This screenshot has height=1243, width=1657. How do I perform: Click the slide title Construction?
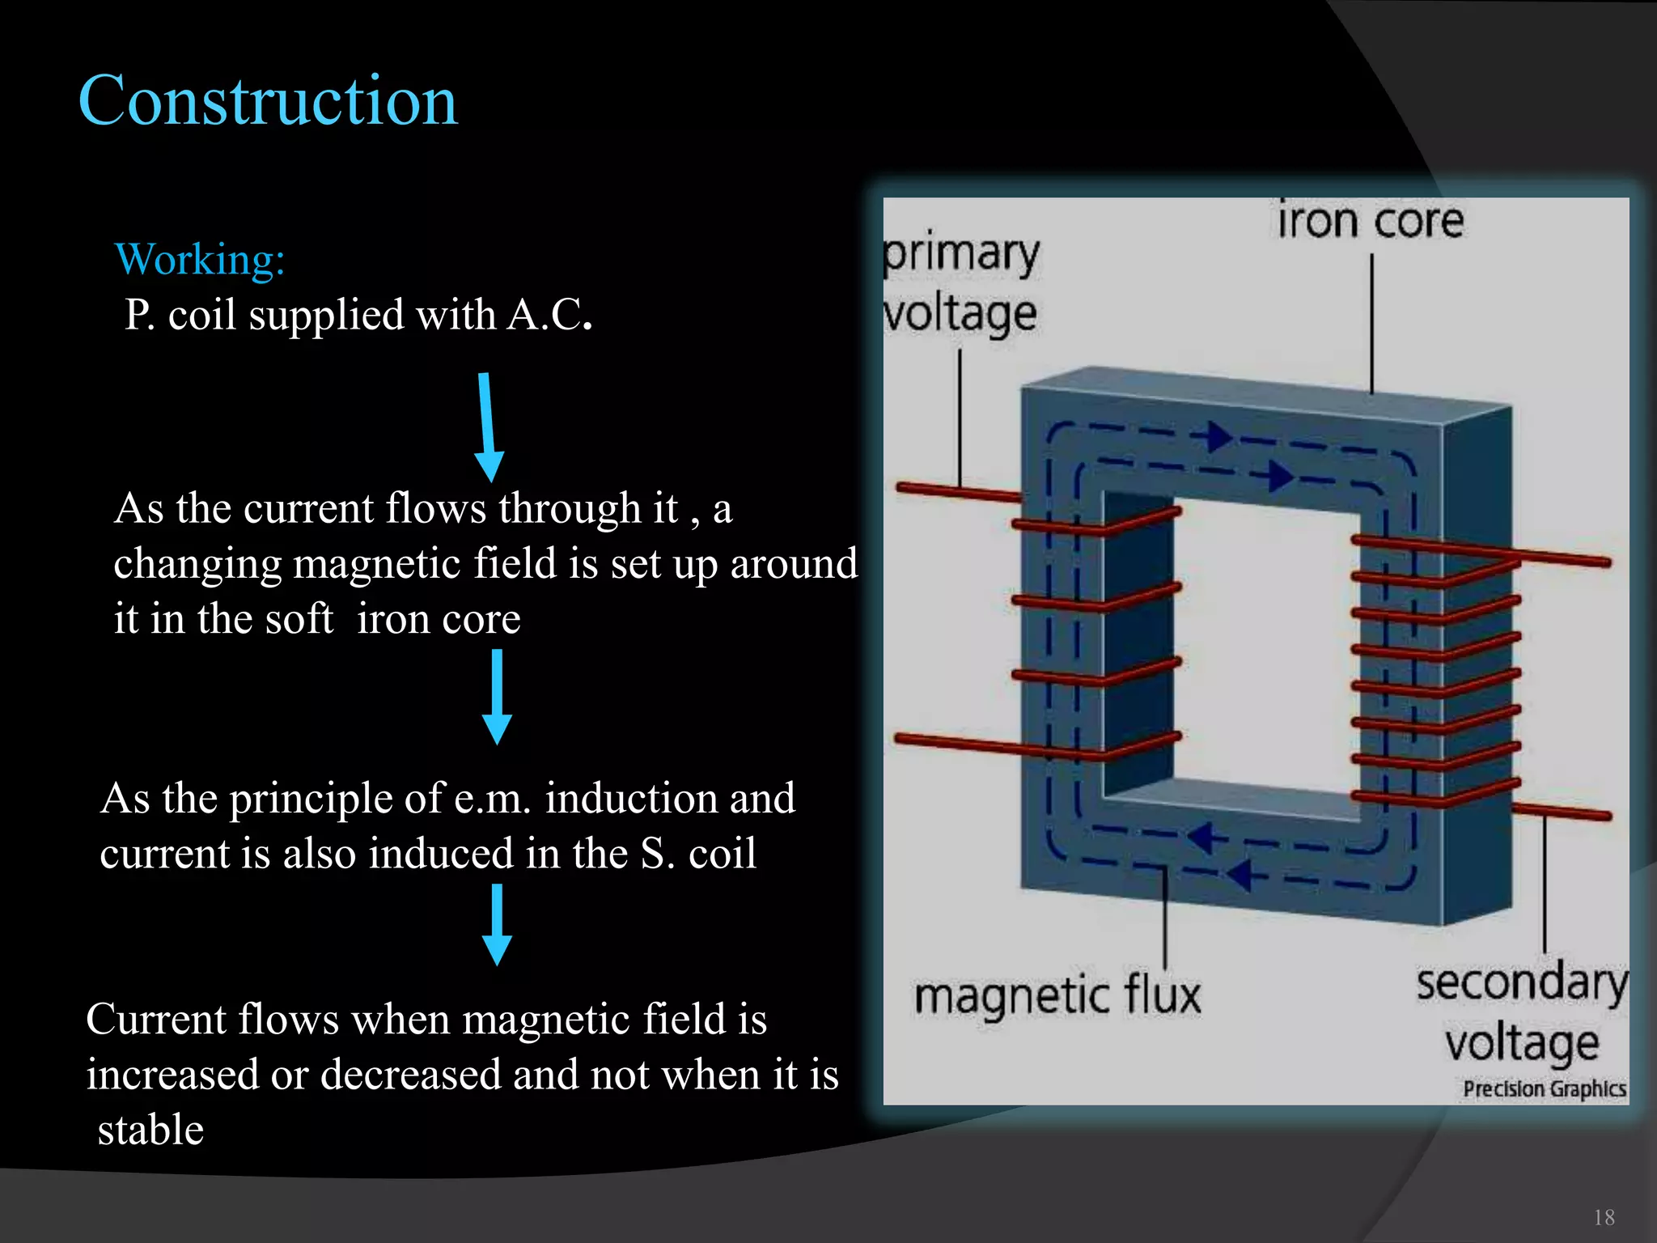coord(268,101)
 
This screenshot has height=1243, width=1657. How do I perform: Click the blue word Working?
coord(200,260)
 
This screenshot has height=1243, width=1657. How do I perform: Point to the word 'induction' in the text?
coord(632,799)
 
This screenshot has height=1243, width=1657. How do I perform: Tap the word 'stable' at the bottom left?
coord(151,1130)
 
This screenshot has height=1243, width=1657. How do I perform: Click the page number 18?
coord(1604,1218)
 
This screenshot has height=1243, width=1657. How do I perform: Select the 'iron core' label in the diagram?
coord(1371,222)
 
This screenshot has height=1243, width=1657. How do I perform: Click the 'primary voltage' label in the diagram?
coord(960,283)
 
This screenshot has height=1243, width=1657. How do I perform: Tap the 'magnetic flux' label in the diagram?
coord(1057,995)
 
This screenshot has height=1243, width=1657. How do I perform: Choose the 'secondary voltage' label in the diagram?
coord(1521,1012)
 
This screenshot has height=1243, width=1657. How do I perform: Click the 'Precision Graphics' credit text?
coord(1544,1089)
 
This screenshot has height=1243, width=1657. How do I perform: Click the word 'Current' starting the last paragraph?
coord(155,1019)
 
